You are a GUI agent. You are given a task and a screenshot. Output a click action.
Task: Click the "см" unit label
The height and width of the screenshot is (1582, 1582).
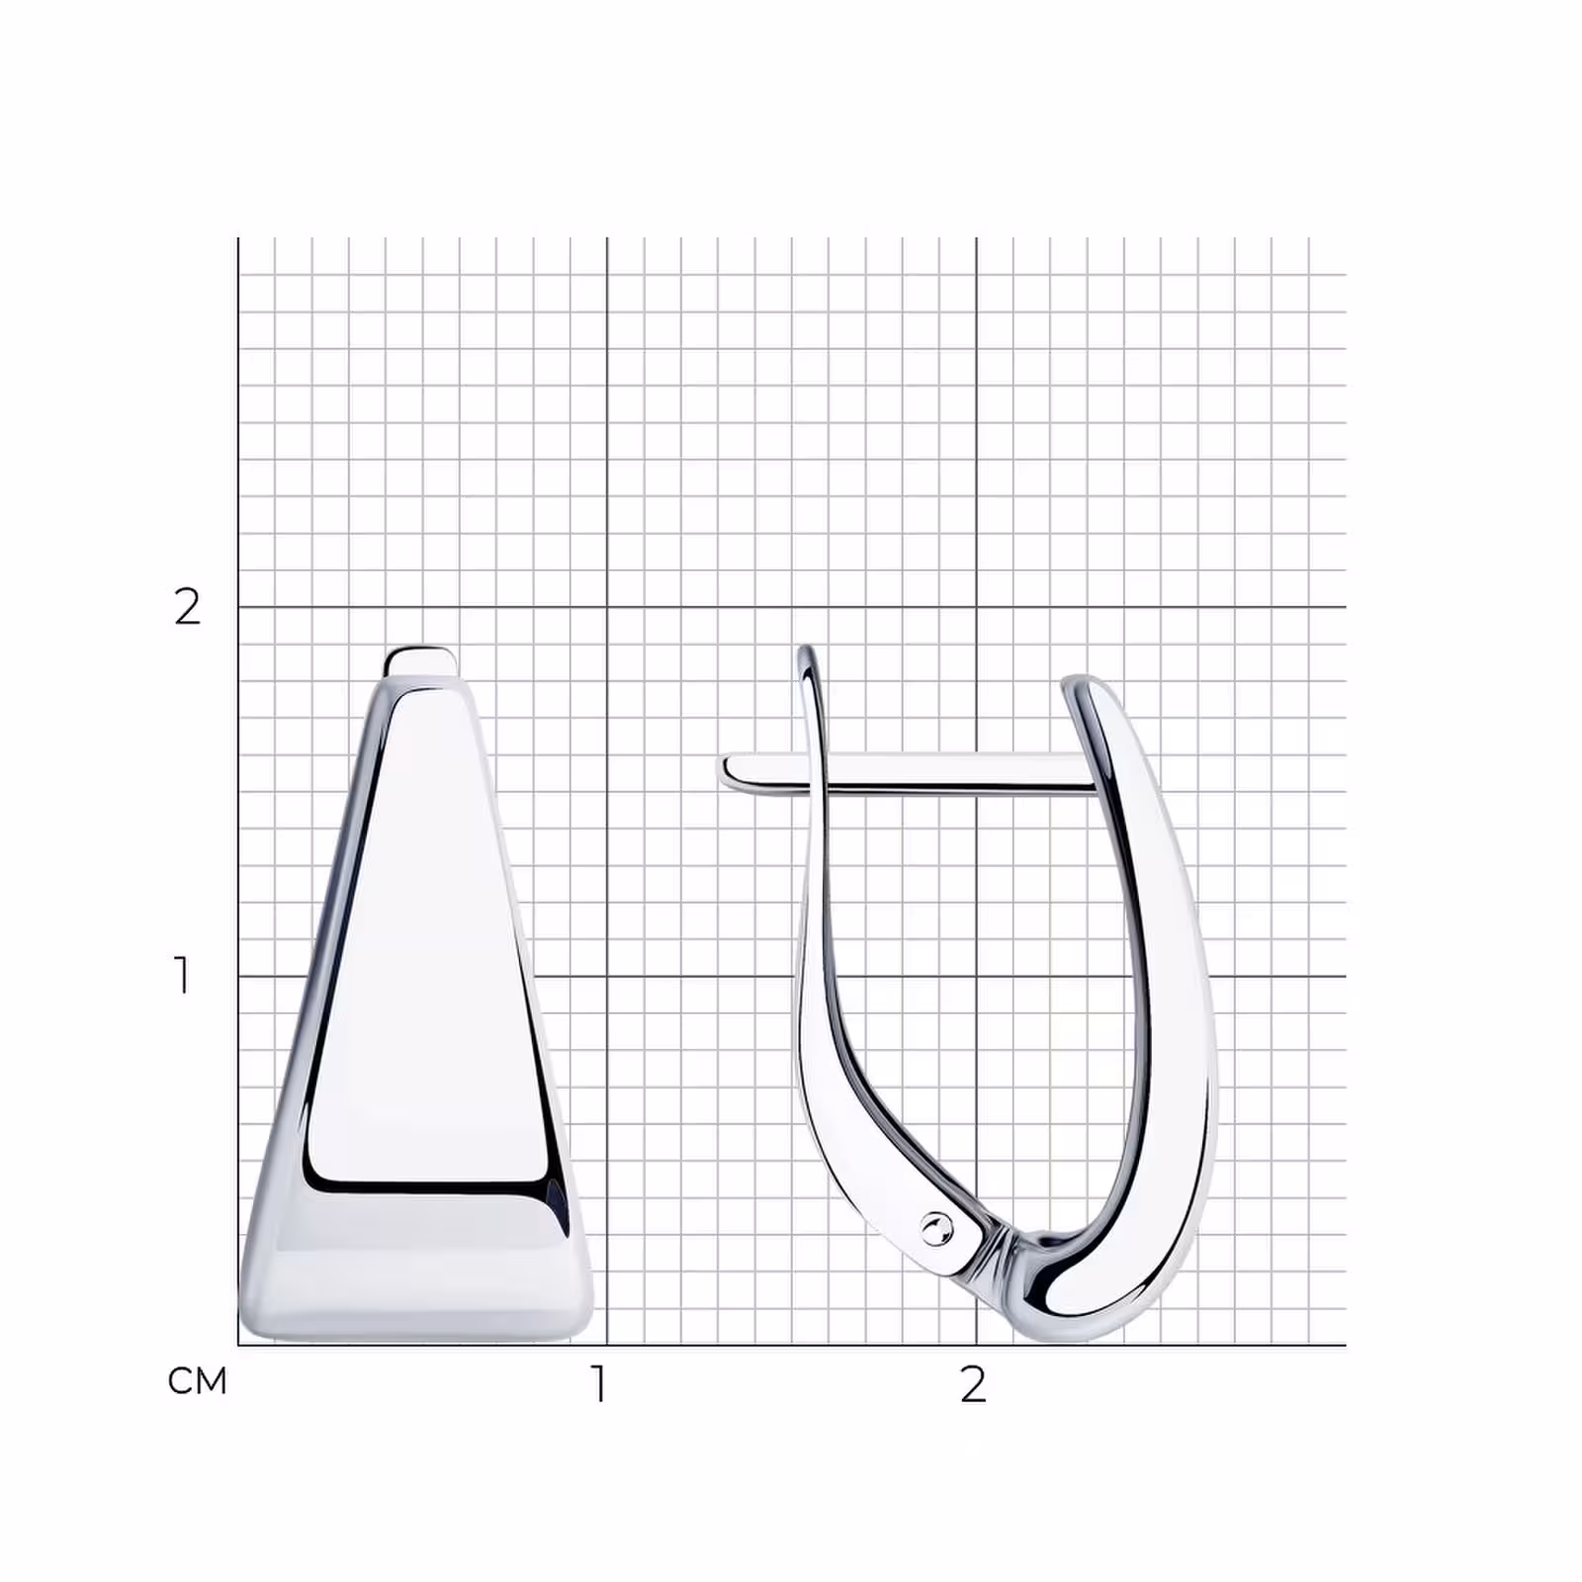pyautogui.click(x=198, y=1380)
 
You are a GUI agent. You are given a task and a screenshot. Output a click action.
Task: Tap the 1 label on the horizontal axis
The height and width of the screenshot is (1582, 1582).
pyautogui.click(x=599, y=1384)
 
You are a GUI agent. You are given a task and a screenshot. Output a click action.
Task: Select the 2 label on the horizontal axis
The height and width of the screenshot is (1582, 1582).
pyautogui.click(x=973, y=1384)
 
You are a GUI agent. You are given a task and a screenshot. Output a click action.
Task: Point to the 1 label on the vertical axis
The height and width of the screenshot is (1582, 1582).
pyautogui.click(x=182, y=975)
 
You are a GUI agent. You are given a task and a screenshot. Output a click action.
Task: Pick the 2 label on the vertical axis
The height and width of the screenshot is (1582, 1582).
pyautogui.click(x=187, y=606)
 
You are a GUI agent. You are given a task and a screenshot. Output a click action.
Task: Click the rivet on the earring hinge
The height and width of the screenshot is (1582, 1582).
pyautogui.click(x=933, y=1229)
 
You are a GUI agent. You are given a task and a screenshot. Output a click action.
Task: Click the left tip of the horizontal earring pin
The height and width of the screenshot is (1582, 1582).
pyautogui.click(x=724, y=771)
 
